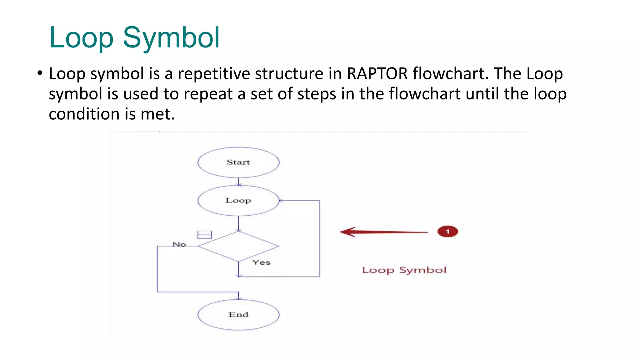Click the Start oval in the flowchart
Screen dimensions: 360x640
click(x=238, y=162)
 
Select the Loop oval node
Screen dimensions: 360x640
click(x=238, y=200)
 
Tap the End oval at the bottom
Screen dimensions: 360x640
click(x=238, y=314)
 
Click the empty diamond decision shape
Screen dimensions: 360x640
click(x=238, y=246)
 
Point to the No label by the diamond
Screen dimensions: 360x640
click(x=179, y=244)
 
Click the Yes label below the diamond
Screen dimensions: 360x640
click(x=261, y=262)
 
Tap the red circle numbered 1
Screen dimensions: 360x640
click(x=447, y=232)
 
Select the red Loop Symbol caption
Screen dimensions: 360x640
click(x=404, y=270)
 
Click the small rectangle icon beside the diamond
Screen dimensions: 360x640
click(x=204, y=235)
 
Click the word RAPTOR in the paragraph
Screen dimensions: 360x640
click(x=377, y=74)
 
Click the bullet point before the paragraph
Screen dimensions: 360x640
click(x=39, y=73)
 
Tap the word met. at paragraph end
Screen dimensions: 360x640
click(x=157, y=114)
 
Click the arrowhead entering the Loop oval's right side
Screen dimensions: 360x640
click(x=281, y=200)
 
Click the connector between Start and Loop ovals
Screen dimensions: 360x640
click(x=238, y=182)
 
